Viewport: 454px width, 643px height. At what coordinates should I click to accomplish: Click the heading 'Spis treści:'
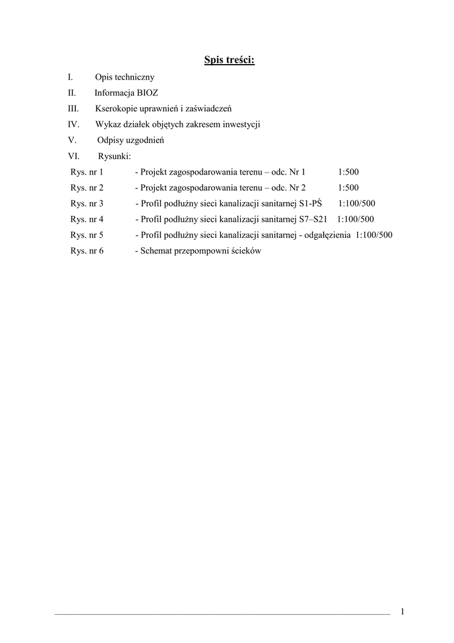click(229, 60)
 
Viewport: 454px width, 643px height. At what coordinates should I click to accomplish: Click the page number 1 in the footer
click(402, 612)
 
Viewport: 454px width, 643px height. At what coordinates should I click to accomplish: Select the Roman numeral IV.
click(73, 124)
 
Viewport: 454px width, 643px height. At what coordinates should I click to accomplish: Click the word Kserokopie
click(117, 109)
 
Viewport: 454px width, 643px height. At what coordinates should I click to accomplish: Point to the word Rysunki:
click(115, 156)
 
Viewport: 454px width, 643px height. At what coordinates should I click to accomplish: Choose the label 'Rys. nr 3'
click(87, 203)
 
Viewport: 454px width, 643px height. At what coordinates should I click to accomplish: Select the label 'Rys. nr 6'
click(87, 251)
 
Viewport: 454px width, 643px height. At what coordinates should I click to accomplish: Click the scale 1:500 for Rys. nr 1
click(348, 171)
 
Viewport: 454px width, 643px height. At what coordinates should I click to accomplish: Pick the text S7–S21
click(312, 219)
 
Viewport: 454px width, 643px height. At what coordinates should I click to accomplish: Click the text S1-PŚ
click(310, 203)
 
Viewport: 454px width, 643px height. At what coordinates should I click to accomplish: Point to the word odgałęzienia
click(327, 235)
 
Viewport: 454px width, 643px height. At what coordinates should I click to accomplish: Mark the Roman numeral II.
click(71, 93)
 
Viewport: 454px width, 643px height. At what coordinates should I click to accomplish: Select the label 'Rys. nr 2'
click(87, 187)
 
